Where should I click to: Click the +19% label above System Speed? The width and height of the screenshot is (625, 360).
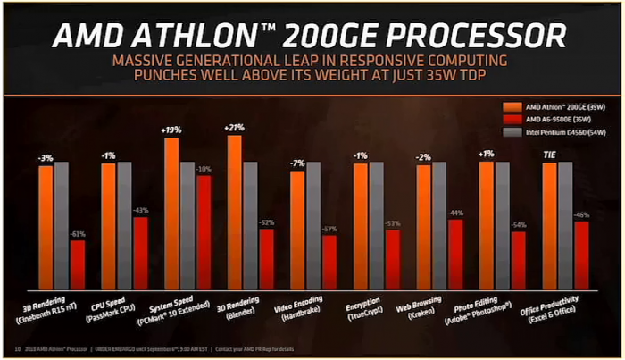tap(171, 130)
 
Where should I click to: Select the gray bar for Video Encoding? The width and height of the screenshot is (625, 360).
tap(314, 227)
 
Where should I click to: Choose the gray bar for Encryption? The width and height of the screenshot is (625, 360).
tap(378, 227)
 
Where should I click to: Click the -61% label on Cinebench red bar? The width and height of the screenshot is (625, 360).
tap(78, 233)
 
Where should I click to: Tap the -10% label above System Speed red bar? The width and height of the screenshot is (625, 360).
tap(204, 169)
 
